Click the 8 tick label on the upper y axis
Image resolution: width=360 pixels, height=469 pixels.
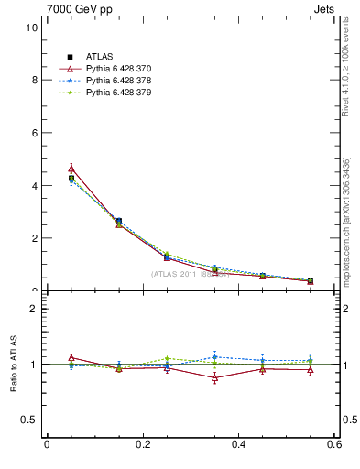click(x=34, y=80)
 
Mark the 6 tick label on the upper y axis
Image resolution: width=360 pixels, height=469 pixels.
click(x=34, y=133)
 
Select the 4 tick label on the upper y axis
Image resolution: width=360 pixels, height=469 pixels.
click(x=34, y=186)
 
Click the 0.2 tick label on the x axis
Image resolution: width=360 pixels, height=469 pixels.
click(x=142, y=445)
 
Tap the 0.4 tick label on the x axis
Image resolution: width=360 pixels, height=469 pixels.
click(x=238, y=445)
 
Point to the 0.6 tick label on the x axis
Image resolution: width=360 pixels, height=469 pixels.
click(x=333, y=445)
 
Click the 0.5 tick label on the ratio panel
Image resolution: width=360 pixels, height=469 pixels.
click(x=29, y=420)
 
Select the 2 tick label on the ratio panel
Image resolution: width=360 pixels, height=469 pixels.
click(x=34, y=309)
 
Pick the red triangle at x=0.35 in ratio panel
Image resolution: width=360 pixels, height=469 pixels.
click(x=214, y=377)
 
